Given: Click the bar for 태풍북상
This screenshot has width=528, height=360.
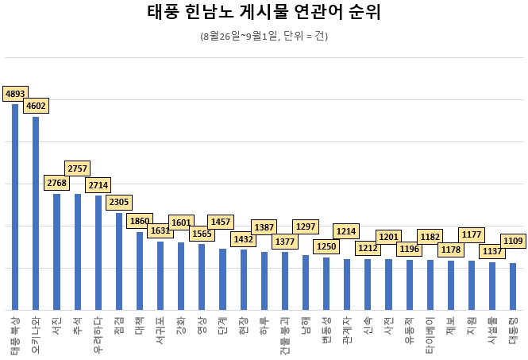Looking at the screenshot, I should pos(15,207).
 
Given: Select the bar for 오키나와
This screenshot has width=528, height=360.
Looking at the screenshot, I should pos(36,213).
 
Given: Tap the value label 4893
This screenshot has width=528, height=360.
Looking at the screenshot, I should pos(15,94).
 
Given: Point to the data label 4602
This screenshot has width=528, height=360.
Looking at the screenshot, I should pos(36,105).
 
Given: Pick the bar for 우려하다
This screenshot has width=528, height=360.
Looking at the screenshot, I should pos(98,253).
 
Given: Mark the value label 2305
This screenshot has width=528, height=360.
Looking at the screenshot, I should pos(119,202).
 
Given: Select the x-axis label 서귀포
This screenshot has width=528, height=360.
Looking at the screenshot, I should pos(160,331).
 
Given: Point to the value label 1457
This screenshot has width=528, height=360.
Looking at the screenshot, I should pos(221,221).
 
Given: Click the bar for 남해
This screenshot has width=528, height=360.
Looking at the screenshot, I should pos(306,282).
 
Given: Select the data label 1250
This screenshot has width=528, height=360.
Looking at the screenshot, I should pos(326,246).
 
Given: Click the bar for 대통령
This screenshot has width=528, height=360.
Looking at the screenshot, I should pos(513,286).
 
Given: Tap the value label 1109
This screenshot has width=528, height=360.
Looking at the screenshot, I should pos(513,240).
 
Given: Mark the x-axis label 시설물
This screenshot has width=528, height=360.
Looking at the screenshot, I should pos(492,331).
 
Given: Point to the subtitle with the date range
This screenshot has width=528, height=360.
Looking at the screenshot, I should pos(264,37).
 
